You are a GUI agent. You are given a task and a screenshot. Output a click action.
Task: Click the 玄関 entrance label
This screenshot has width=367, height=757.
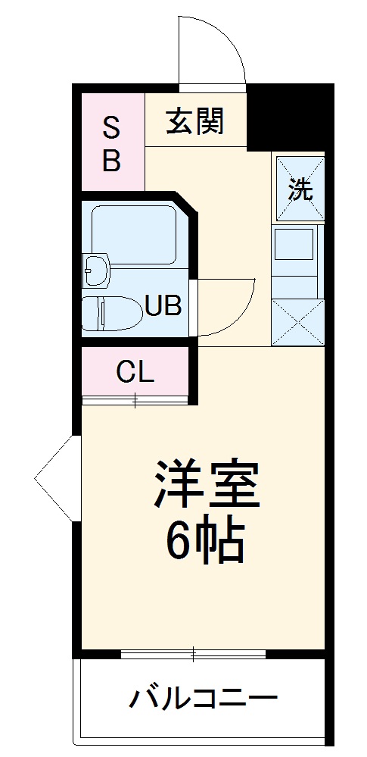click(195, 121)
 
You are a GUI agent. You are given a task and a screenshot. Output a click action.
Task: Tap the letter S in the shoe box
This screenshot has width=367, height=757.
click(111, 129)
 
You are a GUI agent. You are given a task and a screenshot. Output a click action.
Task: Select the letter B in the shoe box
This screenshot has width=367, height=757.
click(111, 161)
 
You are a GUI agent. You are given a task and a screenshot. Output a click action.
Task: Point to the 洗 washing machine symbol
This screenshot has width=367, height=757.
click(300, 189)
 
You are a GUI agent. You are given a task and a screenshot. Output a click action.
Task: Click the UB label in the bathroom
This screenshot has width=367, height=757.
click(163, 307)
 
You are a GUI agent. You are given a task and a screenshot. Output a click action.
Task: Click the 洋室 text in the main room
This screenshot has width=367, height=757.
click(207, 485)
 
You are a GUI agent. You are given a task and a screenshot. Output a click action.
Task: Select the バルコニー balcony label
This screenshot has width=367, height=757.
click(203, 699)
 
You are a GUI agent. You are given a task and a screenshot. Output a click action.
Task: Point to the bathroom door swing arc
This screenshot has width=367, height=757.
click(227, 307)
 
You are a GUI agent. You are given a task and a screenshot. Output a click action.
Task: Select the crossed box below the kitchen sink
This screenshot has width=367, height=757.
click(297, 322)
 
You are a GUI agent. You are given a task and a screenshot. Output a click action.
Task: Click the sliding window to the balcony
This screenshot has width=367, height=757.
click(193, 652)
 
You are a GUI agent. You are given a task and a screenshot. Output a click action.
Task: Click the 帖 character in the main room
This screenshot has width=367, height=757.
click(222, 540)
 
